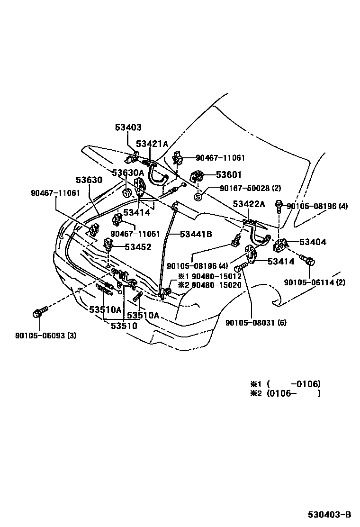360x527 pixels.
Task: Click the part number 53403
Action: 128,127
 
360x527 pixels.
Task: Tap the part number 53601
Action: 229,174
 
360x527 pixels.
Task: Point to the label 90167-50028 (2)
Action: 251,188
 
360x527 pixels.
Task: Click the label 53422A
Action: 248,204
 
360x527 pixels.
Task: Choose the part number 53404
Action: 313,242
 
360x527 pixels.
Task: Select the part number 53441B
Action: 195,234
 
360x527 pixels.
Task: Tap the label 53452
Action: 138,246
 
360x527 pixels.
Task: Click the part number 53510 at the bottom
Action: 124,326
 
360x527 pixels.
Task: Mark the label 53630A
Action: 128,173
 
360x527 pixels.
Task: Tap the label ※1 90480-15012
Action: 209,276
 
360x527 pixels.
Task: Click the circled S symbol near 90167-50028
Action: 198,196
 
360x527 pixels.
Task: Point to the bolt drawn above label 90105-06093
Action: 39,313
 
